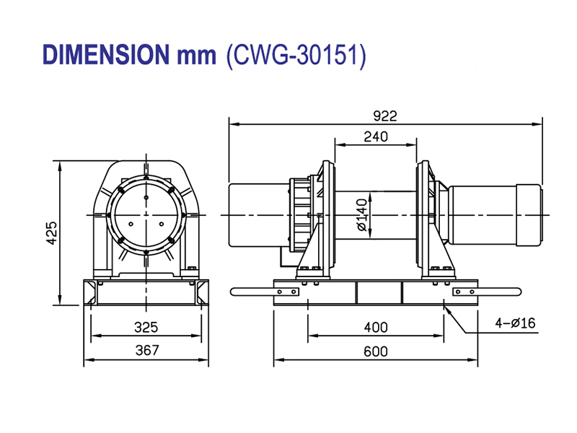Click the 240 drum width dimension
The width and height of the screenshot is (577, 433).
pyautogui.click(x=376, y=136)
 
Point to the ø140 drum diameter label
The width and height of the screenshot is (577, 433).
pyautogui.click(x=362, y=214)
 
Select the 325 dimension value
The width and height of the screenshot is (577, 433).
pyautogui.click(x=146, y=328)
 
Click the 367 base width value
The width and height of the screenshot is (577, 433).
pyautogui.click(x=146, y=351)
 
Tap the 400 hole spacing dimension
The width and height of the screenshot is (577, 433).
pyautogui.click(x=375, y=328)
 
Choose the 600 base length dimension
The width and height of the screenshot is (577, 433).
pyautogui.click(x=375, y=351)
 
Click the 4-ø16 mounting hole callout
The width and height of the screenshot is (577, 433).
pyautogui.click(x=515, y=323)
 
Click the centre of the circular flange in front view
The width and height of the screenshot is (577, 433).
pyautogui.click(x=146, y=215)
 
